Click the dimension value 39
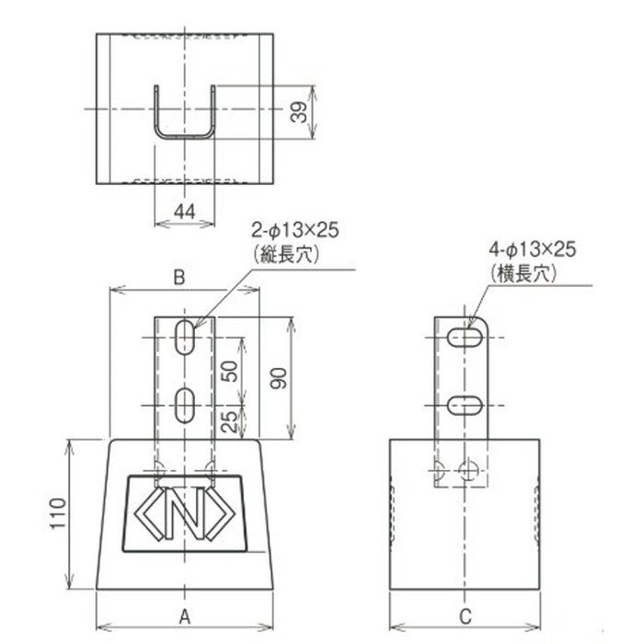[x=299, y=112]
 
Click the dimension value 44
[x=184, y=212]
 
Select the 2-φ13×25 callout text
[x=295, y=230]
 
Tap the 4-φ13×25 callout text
[x=533, y=249]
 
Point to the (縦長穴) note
[x=287, y=255]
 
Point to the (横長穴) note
[x=523, y=273]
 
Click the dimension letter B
[x=179, y=278]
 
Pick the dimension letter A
[x=185, y=616]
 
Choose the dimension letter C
[x=465, y=616]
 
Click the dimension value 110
[x=58, y=513]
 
